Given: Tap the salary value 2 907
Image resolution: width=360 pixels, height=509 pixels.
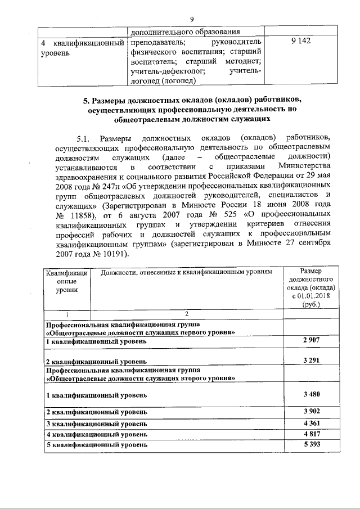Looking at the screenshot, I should pos(307,341).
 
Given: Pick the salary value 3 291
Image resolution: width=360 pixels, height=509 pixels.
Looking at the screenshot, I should pos(307,360).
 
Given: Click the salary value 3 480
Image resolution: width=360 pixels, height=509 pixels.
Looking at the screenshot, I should pos(307,393).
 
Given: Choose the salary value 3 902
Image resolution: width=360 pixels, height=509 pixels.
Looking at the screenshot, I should pos(307,411).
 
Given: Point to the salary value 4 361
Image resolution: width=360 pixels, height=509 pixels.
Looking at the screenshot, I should pos(307,422).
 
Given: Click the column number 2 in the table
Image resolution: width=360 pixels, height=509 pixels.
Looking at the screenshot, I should pos(186,313).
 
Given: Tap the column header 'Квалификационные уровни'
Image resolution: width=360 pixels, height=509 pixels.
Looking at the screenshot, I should pos(66,280).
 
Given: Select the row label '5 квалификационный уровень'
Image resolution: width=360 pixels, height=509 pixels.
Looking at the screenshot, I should pos(97,444).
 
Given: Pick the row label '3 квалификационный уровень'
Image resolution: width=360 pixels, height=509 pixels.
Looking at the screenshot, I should pos(97,423).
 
